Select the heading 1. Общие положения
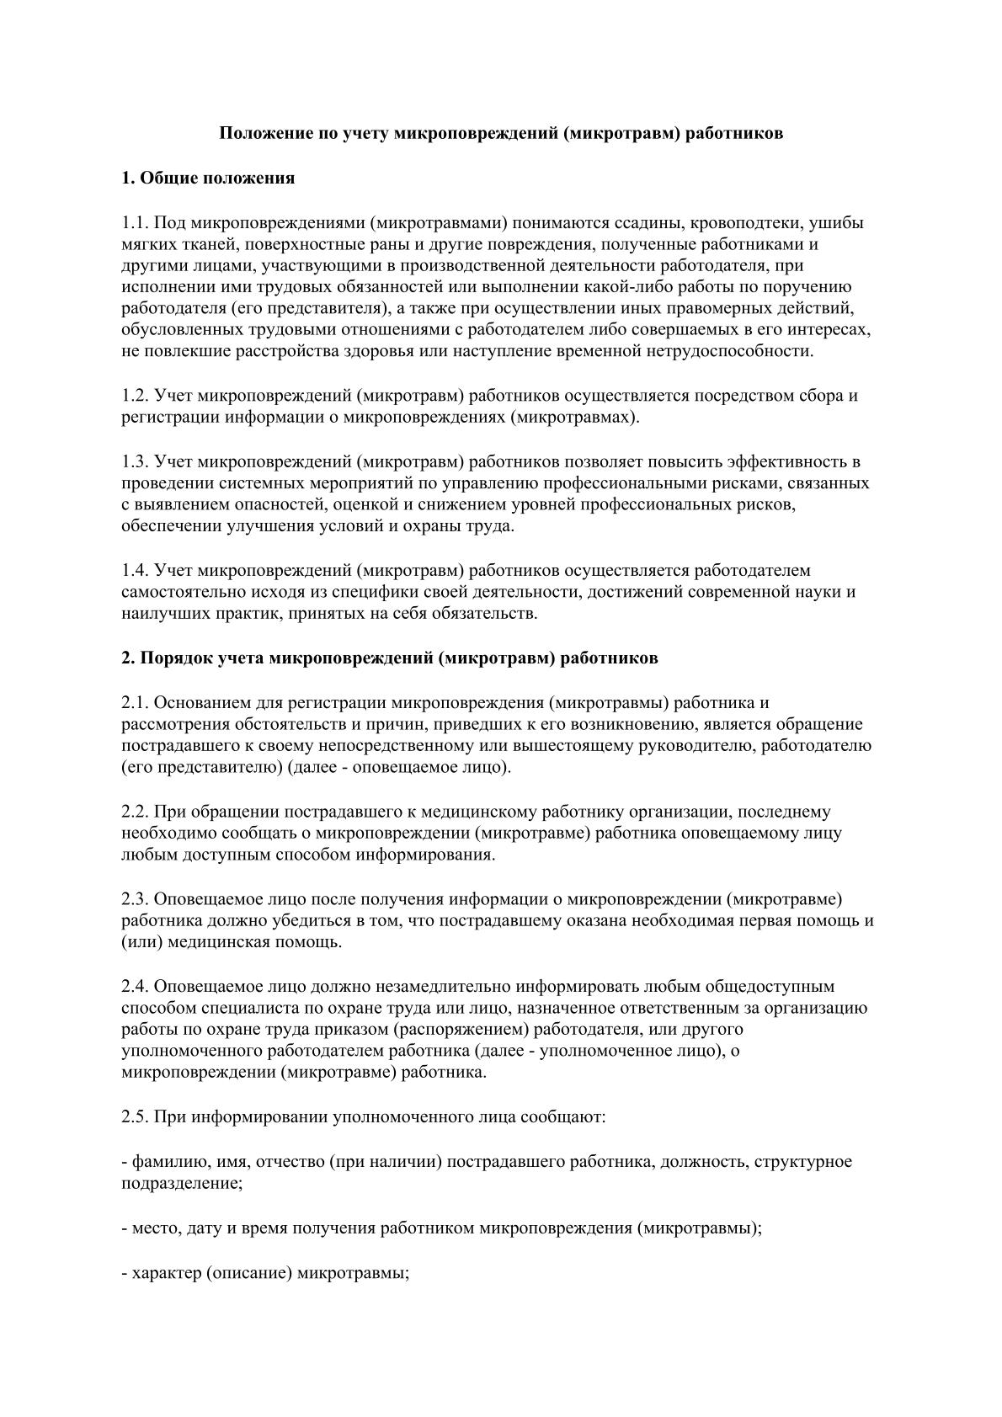click(208, 178)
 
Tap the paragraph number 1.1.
click(135, 223)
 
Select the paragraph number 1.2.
click(135, 396)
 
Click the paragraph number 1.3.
click(135, 461)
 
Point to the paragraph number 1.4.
click(135, 571)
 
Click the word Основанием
click(201, 702)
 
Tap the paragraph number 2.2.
click(135, 812)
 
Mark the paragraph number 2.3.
click(135, 899)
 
